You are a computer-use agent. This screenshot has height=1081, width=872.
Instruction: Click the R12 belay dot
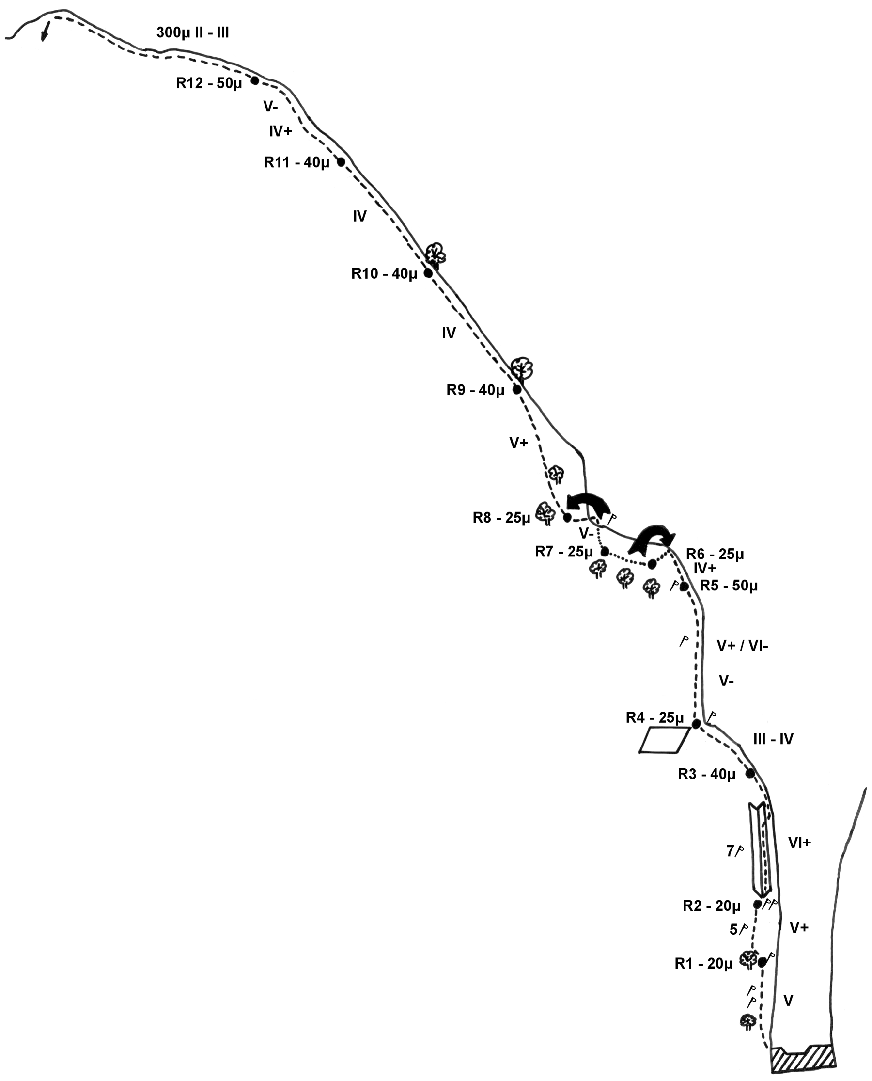coord(255,80)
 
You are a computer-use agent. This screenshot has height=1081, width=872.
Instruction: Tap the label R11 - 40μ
coord(296,162)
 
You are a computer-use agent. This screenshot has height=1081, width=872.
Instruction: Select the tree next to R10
coord(436,254)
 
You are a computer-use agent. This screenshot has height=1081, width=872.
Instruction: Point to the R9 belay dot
coord(516,389)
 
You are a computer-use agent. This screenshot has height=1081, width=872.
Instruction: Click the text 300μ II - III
coord(193,32)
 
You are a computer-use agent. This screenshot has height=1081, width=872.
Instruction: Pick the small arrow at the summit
coord(45,31)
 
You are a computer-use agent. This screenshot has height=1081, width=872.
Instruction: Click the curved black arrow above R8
coord(589,505)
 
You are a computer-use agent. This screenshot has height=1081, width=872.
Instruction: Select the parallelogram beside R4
coord(664,740)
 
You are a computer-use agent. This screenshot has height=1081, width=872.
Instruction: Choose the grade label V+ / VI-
coord(742,645)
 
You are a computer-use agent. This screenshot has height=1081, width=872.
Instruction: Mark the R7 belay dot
coord(605,552)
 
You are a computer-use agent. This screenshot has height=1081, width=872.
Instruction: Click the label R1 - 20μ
coord(703,963)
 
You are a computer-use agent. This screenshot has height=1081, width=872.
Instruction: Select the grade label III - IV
coord(773,739)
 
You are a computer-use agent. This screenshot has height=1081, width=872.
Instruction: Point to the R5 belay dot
coord(684,586)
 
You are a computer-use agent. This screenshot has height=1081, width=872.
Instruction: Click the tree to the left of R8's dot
coord(545,513)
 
